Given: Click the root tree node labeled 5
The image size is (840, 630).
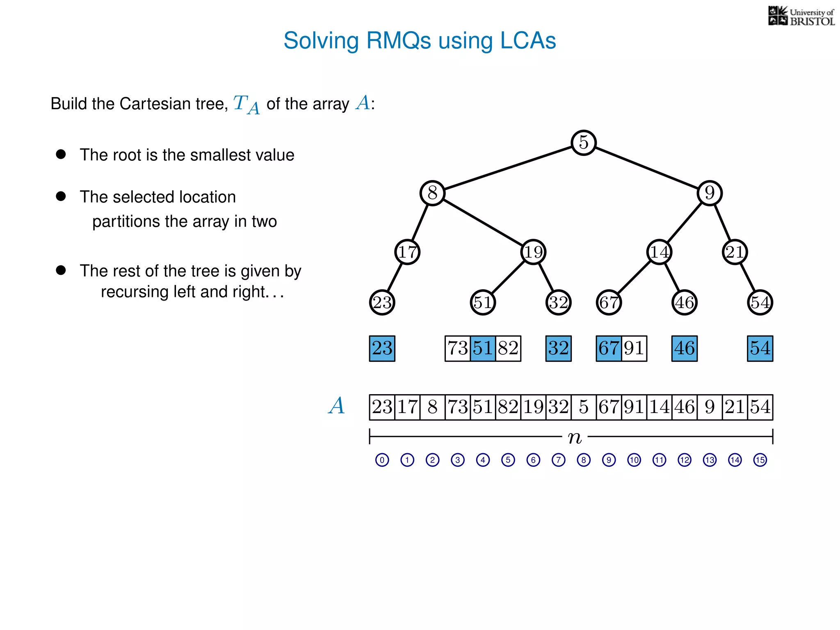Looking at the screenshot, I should (x=583, y=143).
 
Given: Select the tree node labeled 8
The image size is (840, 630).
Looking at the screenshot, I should (x=432, y=193).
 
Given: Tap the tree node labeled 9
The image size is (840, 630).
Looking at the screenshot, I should (x=710, y=193).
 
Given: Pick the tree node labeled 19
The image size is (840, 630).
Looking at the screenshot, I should (x=533, y=252).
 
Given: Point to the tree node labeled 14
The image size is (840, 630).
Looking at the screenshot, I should (x=659, y=252).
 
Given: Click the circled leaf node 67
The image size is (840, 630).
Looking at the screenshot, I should (x=609, y=303).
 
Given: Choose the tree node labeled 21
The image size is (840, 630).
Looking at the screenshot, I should (x=735, y=252).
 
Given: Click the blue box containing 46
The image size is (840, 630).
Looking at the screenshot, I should (x=684, y=349).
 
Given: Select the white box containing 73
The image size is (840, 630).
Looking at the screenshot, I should (x=458, y=349).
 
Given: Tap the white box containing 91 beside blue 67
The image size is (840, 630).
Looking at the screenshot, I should (x=634, y=349).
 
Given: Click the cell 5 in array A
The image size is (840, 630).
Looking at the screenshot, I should (x=583, y=407).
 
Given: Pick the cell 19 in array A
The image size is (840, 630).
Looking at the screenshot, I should (x=533, y=407).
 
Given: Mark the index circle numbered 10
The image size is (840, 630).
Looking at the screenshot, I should (x=634, y=460).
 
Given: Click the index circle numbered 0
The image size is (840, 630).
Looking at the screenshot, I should (x=382, y=460).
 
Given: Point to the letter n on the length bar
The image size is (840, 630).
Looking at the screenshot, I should (x=575, y=438).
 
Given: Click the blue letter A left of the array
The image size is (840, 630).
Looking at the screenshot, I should (x=336, y=406).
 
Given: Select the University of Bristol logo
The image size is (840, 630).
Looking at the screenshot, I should (x=801, y=16).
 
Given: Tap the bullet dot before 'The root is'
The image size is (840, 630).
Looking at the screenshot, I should (x=61, y=154).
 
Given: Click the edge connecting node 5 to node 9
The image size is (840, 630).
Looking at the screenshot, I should (x=646, y=168).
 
